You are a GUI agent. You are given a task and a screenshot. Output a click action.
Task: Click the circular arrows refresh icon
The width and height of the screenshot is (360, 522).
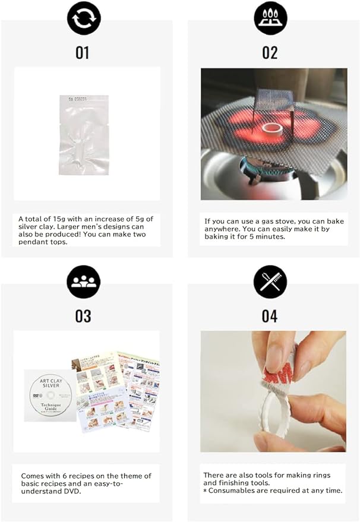pos(84,18)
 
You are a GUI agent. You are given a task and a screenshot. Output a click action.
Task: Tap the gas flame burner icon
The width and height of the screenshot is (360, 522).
pos(270,18)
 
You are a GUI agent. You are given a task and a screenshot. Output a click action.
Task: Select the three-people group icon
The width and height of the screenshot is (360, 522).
pos(83,281)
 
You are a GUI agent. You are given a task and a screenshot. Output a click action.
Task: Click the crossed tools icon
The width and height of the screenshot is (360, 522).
pos(270,281)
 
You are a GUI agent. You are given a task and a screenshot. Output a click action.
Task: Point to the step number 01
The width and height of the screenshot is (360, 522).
pos(82,52)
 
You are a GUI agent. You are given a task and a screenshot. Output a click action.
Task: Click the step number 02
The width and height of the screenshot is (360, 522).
pos(270,52)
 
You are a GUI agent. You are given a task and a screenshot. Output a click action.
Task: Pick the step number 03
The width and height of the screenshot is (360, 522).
pos(83,316)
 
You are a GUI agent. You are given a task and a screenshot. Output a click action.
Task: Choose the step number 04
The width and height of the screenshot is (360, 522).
pos(270,316)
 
